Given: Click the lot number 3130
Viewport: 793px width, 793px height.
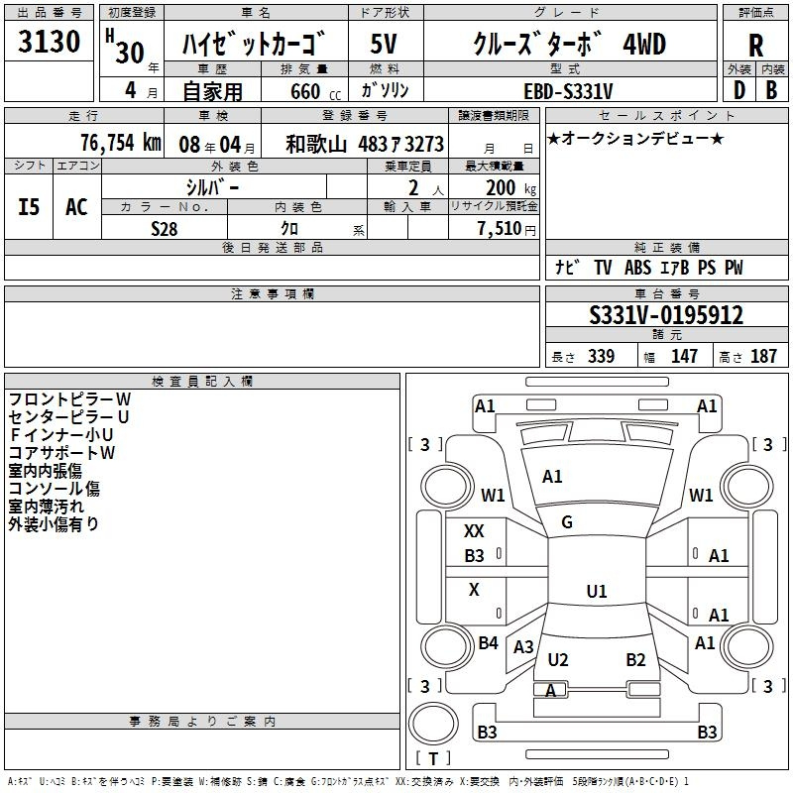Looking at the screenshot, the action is pyautogui.click(x=49, y=42).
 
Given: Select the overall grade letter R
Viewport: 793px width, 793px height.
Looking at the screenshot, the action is pyautogui.click(x=755, y=46).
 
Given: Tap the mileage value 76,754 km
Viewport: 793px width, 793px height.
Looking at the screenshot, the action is pyautogui.click(x=121, y=143).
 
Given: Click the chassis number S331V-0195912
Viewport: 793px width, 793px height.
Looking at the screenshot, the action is pyautogui.click(x=666, y=315).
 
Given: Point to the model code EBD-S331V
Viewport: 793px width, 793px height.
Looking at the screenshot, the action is pyautogui.click(x=568, y=91).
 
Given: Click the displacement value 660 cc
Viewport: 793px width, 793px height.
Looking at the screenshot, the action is pyautogui.click(x=315, y=92).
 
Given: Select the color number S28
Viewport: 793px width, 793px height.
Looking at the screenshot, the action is pyautogui.click(x=165, y=229).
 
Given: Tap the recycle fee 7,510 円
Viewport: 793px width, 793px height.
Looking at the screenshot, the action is pyautogui.click(x=507, y=229).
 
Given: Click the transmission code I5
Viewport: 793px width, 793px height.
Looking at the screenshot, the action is pyautogui.click(x=29, y=207).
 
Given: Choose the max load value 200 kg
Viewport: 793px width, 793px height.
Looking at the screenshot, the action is pyautogui.click(x=510, y=187).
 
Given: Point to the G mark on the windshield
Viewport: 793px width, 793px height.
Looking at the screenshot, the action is pyautogui.click(x=567, y=522).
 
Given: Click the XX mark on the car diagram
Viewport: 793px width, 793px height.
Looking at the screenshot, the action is pyautogui.click(x=474, y=531).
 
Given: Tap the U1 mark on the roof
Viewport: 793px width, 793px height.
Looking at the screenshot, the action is pyautogui.click(x=597, y=591).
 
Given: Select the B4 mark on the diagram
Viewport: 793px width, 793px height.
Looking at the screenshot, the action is pyautogui.click(x=488, y=643).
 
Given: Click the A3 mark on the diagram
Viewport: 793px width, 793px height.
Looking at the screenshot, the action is pyautogui.click(x=523, y=647).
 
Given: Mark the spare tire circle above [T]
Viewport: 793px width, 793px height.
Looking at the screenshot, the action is pyautogui.click(x=433, y=725).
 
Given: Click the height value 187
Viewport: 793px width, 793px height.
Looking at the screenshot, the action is pyautogui.click(x=763, y=356).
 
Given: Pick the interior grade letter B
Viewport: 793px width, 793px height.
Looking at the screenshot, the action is pyautogui.click(x=771, y=90).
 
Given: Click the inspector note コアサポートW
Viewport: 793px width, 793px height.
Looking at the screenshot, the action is pyautogui.click(x=61, y=453).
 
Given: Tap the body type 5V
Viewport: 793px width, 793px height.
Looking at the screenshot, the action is pyautogui.click(x=384, y=44).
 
